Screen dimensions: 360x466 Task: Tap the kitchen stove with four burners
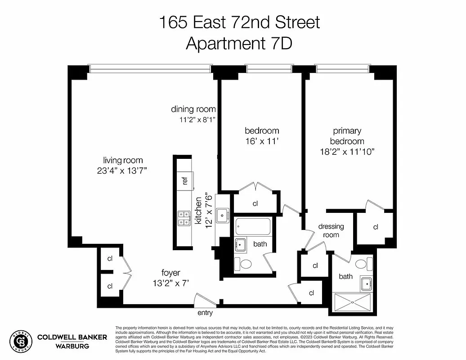184,218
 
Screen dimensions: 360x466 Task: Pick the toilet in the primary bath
361,263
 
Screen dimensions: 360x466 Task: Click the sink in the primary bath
367,283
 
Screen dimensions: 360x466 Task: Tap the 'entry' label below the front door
205,313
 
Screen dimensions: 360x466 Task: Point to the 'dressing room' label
331,230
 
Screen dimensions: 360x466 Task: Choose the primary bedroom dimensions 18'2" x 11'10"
347,152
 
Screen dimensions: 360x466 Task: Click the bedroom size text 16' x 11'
262,141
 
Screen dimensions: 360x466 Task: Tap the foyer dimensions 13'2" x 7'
171,283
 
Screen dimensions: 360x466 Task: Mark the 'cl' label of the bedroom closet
255,203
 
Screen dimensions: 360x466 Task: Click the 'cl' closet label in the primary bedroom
376,227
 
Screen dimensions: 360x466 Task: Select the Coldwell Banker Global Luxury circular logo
21,341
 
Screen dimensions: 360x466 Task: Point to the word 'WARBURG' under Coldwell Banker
72,346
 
